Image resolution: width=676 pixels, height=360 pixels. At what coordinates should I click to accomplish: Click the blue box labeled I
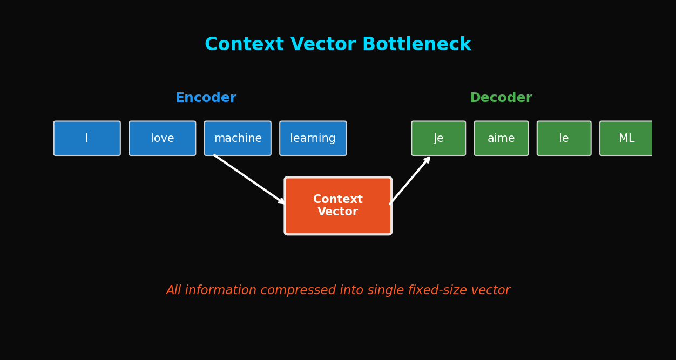click(x=87, y=138)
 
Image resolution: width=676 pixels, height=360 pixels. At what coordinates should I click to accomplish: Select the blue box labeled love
click(x=163, y=138)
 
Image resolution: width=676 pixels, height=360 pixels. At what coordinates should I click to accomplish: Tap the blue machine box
click(x=238, y=138)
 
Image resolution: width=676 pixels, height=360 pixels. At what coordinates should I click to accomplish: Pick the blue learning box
click(x=313, y=138)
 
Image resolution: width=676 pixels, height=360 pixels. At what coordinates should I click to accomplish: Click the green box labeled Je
click(x=438, y=138)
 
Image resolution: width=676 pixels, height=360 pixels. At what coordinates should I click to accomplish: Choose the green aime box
click(x=501, y=138)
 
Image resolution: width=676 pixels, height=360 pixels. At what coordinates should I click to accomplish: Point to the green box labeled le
click(x=564, y=138)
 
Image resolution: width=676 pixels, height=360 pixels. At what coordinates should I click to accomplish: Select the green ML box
click(x=626, y=138)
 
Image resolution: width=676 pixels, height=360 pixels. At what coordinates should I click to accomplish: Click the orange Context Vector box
click(x=338, y=206)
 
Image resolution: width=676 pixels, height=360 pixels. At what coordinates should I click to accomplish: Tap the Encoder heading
click(x=206, y=98)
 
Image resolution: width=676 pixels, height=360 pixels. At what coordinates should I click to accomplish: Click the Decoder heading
click(x=501, y=98)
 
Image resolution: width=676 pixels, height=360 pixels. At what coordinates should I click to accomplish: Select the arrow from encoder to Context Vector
click(x=249, y=179)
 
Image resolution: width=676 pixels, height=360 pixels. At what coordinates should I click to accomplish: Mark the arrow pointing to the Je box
click(x=410, y=180)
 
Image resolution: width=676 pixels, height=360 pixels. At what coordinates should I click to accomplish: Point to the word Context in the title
click(x=244, y=44)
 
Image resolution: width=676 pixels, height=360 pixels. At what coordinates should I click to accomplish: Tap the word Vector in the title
click(x=323, y=44)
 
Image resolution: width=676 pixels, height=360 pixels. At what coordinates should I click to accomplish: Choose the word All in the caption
click(x=173, y=290)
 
